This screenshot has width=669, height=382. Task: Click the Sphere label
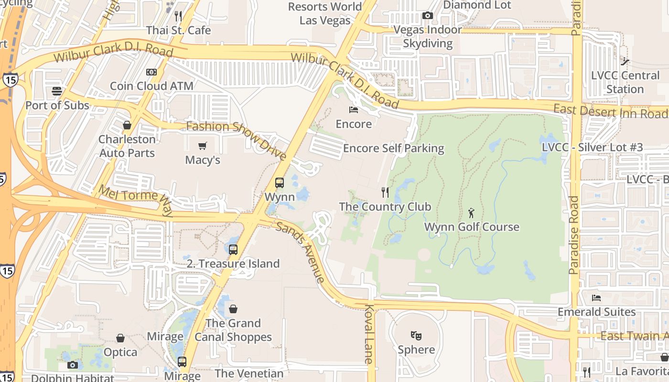(x=416, y=350)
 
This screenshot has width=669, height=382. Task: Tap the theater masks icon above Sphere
(x=416, y=336)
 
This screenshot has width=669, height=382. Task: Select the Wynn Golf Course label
(x=472, y=227)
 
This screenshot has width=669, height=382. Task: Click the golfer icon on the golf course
(x=472, y=213)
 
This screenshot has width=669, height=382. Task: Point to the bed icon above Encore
(x=354, y=110)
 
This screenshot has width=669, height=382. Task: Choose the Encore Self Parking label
(x=394, y=149)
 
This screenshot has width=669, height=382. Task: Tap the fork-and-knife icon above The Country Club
(x=385, y=192)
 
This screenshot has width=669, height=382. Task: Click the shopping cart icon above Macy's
(x=203, y=146)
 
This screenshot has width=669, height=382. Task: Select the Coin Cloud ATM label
(x=151, y=86)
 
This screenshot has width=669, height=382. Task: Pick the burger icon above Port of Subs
(x=57, y=91)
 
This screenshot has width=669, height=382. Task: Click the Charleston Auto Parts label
(x=127, y=146)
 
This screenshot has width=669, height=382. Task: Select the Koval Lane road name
(x=369, y=334)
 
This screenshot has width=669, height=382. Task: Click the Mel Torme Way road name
(x=135, y=200)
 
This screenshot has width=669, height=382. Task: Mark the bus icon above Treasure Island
(x=233, y=249)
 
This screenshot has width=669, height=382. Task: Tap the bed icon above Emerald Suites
(x=596, y=298)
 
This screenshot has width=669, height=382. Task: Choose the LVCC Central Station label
(x=625, y=82)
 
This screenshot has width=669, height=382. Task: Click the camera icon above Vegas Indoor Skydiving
(x=428, y=16)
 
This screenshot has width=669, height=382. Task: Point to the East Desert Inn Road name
(x=610, y=111)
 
